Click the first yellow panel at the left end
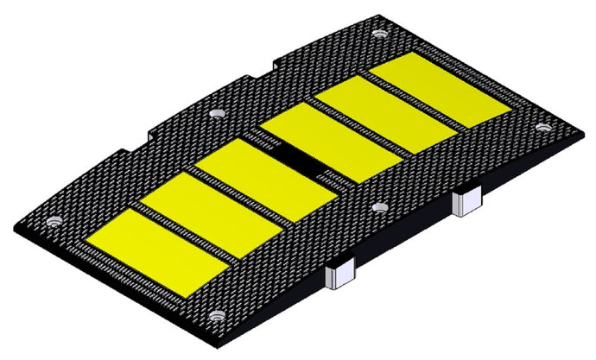[154, 250]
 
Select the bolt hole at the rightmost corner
[542, 127]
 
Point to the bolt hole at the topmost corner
[377, 34]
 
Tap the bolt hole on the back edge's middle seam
[217, 113]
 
